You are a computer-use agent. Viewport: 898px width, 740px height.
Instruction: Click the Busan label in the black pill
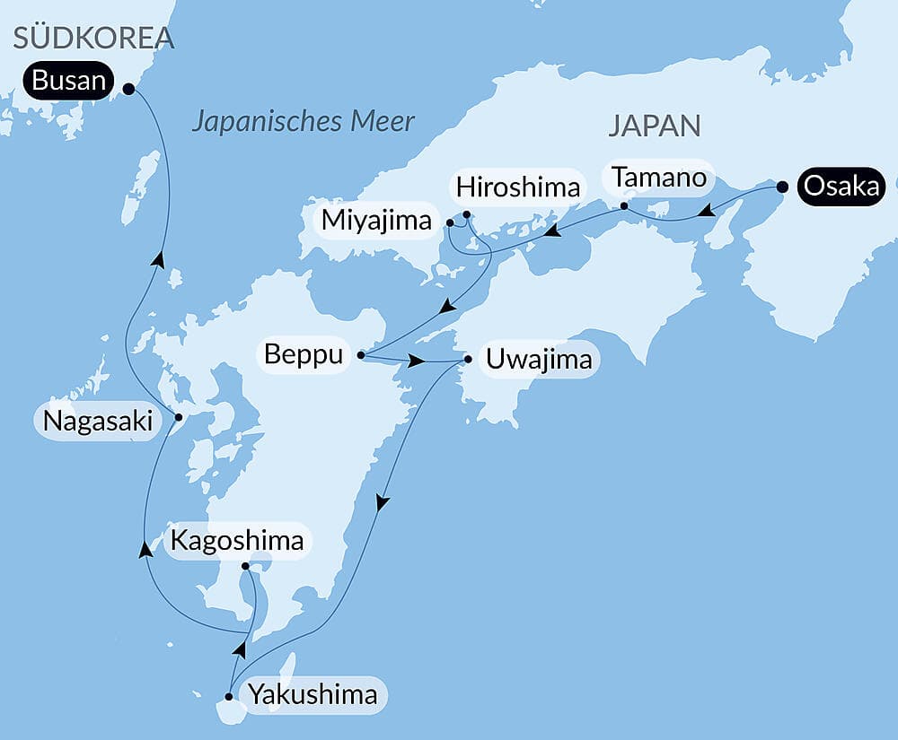pos(67,83)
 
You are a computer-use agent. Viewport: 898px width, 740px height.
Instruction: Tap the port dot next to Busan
pos(128,89)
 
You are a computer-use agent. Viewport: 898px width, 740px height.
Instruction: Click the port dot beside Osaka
pos(782,187)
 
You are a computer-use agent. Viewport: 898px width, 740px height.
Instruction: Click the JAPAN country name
pos(654,126)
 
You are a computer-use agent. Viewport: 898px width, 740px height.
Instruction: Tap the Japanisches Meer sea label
pos(303,121)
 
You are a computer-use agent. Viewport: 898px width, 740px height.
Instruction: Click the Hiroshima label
pos(518,188)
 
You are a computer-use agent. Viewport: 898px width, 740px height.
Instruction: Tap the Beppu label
pos(304,355)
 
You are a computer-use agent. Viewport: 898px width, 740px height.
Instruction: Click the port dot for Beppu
pos(360,355)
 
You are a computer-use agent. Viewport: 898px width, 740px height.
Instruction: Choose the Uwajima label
pos(539,360)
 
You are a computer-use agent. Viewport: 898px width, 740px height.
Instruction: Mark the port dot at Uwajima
pos(468,360)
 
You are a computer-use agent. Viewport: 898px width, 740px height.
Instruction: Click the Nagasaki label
pos(99,420)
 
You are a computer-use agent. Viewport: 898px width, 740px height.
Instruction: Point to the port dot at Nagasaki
pos(178,417)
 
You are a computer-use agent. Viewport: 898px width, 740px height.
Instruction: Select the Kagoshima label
pos(237,542)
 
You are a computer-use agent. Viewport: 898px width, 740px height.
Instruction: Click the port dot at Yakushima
pos(230,697)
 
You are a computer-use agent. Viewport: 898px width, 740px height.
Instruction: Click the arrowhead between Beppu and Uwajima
pos(418,361)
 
